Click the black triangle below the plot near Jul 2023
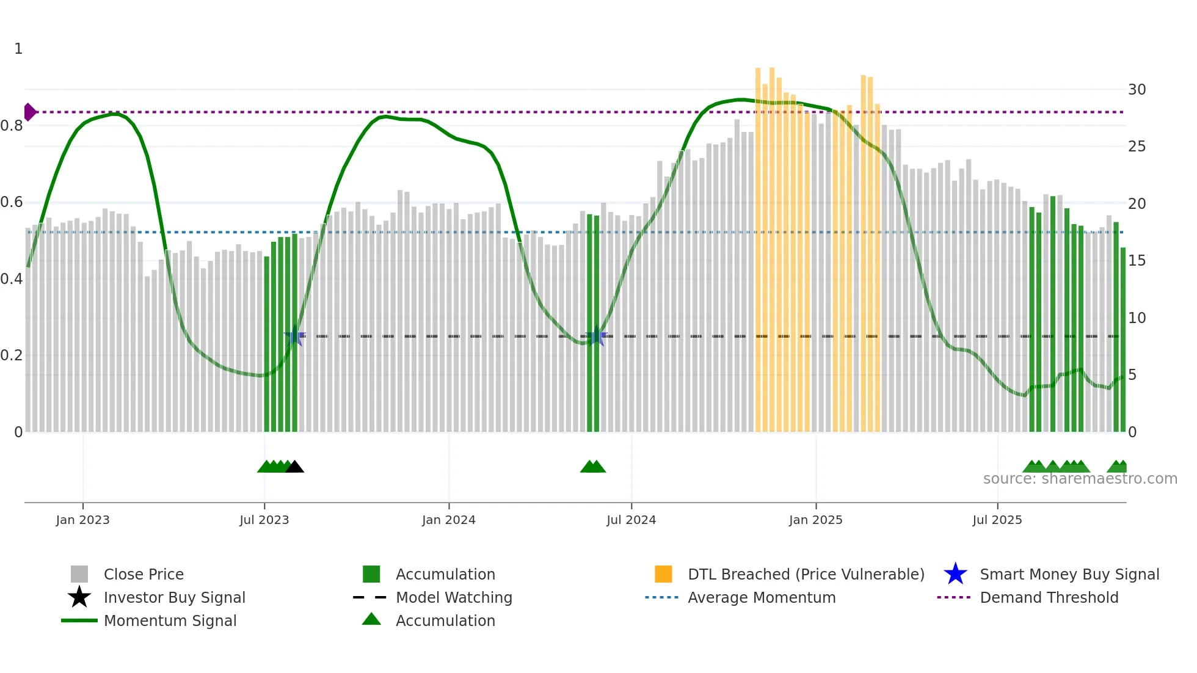pos(295,467)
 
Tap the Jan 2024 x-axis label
pos(448,520)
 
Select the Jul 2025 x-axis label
pos(997,520)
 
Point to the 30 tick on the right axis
pos(1137,90)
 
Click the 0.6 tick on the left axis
pos(11,202)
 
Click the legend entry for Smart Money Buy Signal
pos(1069,574)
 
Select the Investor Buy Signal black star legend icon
pos(79,597)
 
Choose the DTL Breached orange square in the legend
pos(663,574)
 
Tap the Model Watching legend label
pos(454,597)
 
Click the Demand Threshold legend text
pos(1049,597)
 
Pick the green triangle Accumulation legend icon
pos(371,619)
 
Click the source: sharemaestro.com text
pos(1080,479)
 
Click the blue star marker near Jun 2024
pos(596,336)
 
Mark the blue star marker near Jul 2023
pos(295,336)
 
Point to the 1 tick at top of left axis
pos(18,49)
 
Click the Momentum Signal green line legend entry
pos(170,620)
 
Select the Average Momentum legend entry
pos(761,597)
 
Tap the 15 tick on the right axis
pos(1137,261)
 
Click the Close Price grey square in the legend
pos(79,574)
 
